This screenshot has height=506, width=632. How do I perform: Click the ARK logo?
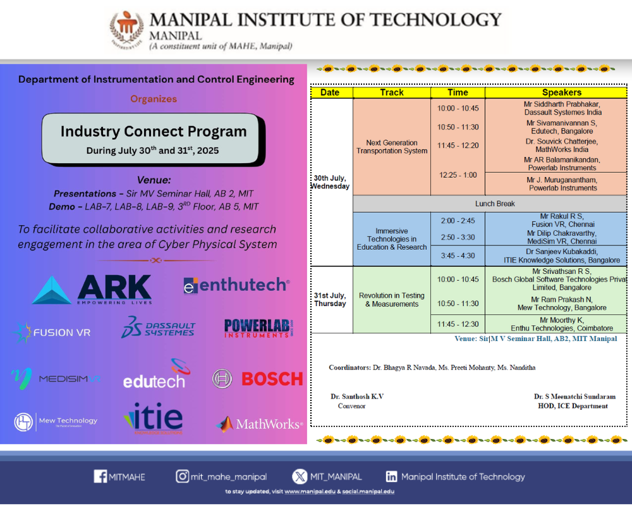point(92,290)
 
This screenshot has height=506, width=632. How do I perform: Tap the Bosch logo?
point(258,378)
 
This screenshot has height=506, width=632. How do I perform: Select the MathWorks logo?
point(260,424)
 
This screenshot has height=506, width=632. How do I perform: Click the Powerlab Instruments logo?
point(259,328)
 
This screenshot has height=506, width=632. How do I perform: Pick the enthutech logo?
point(236,285)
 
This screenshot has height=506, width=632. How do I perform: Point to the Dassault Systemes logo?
point(159,327)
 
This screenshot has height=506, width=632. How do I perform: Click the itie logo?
point(154,418)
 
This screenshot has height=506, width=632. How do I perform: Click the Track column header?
point(392,92)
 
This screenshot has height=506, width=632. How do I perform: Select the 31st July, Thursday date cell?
point(331,299)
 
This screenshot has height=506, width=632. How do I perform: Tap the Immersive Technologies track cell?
point(391,239)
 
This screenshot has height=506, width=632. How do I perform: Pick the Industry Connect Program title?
point(154,132)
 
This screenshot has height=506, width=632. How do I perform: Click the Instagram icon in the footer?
point(183,477)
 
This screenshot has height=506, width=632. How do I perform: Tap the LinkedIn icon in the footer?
point(392,477)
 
